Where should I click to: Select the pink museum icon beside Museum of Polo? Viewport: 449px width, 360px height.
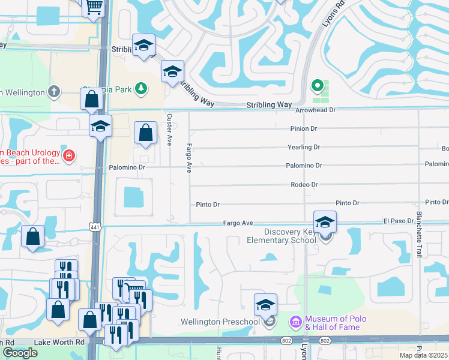tap(295, 323)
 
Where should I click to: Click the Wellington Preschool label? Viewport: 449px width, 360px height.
tap(220, 322)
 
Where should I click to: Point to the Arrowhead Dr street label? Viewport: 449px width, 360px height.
tap(315, 110)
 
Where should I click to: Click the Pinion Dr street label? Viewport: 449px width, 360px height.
tap(303, 128)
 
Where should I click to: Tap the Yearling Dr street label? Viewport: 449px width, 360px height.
tap(304, 147)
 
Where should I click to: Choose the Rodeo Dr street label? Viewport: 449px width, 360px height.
tap(304, 185)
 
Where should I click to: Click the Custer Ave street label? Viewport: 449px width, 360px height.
tap(169, 130)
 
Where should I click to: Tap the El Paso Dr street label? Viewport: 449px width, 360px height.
tap(399, 221)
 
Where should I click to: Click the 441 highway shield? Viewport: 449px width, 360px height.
tap(95, 227)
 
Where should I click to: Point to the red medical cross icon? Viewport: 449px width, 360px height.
tap(69, 156)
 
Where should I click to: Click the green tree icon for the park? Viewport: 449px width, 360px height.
tap(141, 89)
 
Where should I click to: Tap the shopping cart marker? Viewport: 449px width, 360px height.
tap(93, 7)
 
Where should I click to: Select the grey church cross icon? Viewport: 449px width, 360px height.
tap(55, 92)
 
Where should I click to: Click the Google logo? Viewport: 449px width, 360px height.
tap(20, 353)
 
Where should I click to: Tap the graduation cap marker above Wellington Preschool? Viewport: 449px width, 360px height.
tap(265, 305)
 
